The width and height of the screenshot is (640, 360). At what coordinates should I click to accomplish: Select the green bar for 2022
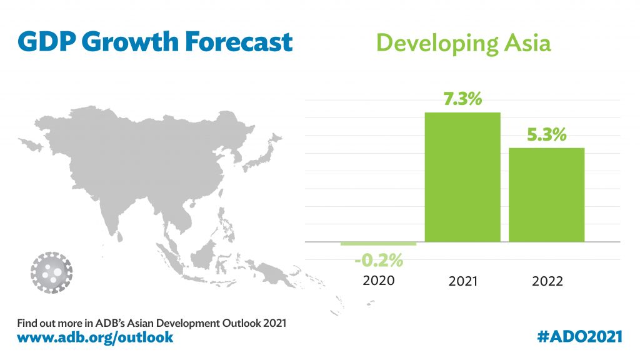click(x=546, y=194)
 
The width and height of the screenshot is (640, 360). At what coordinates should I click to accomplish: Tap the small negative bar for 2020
click(x=378, y=244)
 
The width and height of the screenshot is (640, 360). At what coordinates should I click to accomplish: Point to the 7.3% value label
click(x=462, y=99)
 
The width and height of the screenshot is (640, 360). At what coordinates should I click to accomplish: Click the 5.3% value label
click(x=546, y=134)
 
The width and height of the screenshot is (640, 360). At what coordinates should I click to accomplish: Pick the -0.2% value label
click(x=379, y=259)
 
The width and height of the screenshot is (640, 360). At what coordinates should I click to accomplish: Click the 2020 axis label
click(x=379, y=281)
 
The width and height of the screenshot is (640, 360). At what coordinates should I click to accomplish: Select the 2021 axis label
click(x=462, y=281)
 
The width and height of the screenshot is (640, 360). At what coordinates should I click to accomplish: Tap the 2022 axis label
click(x=547, y=281)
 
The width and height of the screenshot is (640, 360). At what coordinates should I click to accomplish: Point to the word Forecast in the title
click(x=239, y=42)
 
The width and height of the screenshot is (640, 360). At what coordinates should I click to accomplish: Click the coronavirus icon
click(x=51, y=272)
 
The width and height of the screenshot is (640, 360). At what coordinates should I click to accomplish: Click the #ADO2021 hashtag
click(x=579, y=337)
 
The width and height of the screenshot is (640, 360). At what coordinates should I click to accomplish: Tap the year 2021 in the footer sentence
click(x=273, y=324)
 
